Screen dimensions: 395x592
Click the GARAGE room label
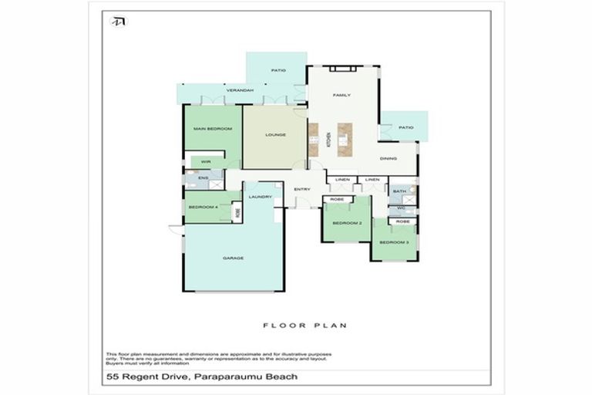(x=233, y=258)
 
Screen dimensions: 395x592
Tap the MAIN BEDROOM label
(x=212, y=128)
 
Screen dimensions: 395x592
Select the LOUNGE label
(x=275, y=134)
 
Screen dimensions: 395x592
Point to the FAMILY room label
(x=341, y=95)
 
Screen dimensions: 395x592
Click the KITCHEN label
(x=328, y=139)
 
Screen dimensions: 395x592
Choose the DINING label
(x=388, y=159)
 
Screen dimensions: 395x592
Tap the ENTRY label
(x=302, y=189)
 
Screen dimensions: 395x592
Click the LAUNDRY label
(x=261, y=197)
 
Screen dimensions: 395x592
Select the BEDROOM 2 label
(x=347, y=223)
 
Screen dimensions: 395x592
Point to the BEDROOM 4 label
(x=204, y=207)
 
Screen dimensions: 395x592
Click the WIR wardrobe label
(x=206, y=161)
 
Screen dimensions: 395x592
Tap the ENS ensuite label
(x=203, y=179)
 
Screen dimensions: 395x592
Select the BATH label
(x=399, y=191)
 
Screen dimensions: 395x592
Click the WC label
(x=401, y=208)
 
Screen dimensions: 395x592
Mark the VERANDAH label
(x=240, y=91)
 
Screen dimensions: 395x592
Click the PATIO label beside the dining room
(x=406, y=127)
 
